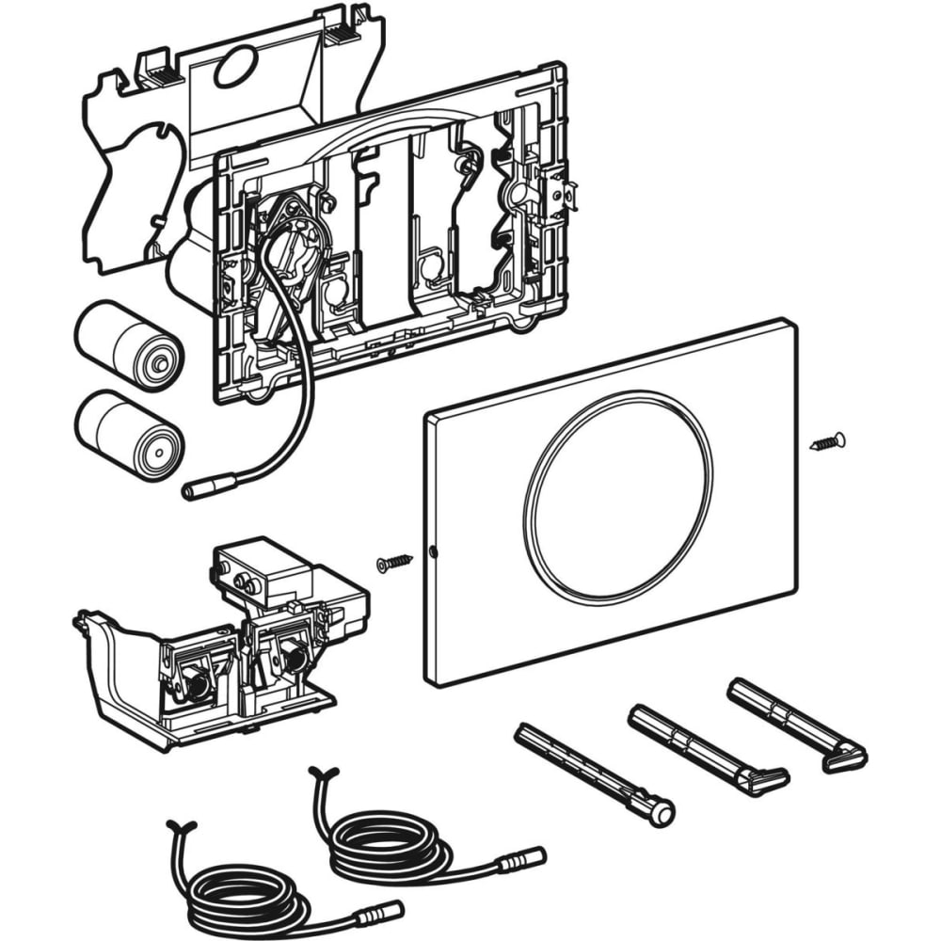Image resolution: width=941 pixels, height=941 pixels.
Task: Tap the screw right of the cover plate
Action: [827, 439]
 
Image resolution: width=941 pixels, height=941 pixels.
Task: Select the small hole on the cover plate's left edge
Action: [432, 550]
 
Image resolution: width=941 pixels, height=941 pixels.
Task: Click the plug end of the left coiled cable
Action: [387, 911]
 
